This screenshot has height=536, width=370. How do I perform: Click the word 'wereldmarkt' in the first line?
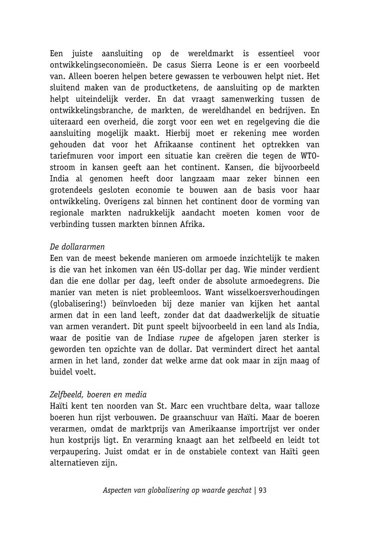207,54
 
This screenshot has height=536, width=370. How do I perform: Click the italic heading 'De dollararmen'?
77,246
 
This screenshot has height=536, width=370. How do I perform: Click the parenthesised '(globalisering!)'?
78,304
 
